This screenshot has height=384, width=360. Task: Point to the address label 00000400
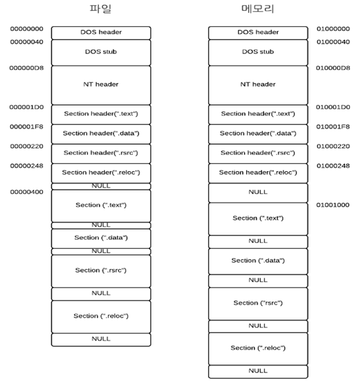[x=27, y=192]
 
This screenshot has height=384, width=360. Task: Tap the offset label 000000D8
[x=27, y=68]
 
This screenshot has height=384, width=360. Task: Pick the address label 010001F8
[x=333, y=127]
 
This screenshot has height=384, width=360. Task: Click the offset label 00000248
[x=27, y=166]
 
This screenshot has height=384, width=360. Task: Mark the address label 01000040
[x=333, y=42]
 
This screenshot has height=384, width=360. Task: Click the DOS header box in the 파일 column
[x=101, y=32]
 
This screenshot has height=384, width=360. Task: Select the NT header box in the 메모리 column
[x=258, y=84]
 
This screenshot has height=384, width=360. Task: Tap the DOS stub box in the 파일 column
[x=101, y=51]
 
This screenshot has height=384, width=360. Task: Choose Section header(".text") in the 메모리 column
[x=258, y=114]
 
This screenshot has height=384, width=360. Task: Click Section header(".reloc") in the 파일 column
[x=101, y=172]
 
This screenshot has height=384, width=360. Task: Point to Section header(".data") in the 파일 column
[x=101, y=133]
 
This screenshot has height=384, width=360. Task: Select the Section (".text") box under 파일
[x=101, y=205]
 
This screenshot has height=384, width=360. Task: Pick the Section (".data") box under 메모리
[x=258, y=261]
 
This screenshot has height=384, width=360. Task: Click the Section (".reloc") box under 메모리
[x=258, y=348]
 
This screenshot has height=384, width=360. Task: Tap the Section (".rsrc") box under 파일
[x=101, y=270]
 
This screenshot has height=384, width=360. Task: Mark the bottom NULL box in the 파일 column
[x=101, y=338]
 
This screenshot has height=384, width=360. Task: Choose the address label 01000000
[x=333, y=29]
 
